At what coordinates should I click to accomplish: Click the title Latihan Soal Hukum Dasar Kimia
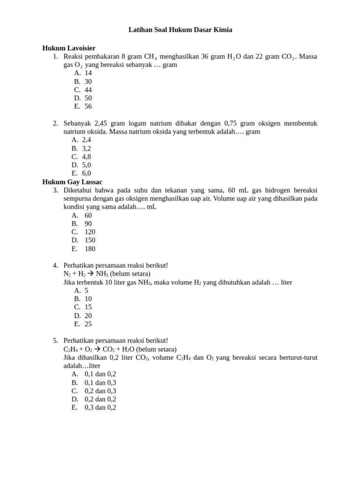[180, 30]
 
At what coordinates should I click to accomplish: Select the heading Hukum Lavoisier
[69, 48]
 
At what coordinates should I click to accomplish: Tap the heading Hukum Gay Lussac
[72, 182]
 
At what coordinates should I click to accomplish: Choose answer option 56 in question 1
[88, 106]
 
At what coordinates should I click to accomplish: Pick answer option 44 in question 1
[88, 90]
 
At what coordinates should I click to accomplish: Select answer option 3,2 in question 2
[86, 148]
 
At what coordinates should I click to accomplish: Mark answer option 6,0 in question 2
[86, 173]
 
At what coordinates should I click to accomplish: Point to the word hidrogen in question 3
[275, 190]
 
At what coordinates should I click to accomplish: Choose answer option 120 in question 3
[90, 232]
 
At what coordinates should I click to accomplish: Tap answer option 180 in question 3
[90, 249]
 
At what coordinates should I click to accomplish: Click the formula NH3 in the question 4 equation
[102, 274]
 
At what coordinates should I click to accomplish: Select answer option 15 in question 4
[88, 307]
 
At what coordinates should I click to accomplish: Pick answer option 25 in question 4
[88, 324]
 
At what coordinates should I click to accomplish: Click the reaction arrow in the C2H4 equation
[97, 349]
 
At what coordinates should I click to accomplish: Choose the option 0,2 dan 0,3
[100, 391]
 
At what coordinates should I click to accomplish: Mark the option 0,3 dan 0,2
[100, 408]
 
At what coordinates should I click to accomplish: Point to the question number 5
[55, 340]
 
